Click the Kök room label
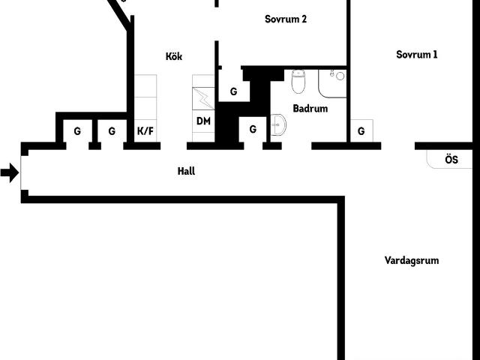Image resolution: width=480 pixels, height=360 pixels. (x=174, y=56)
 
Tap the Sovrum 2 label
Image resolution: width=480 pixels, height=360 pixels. (x=286, y=19)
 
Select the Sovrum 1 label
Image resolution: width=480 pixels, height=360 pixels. (x=417, y=55)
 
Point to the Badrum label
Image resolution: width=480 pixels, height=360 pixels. (x=310, y=108)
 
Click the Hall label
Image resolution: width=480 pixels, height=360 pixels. (x=186, y=171)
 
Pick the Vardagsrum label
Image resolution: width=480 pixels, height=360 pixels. (x=412, y=260)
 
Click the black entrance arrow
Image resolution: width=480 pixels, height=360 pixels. (x=10, y=172)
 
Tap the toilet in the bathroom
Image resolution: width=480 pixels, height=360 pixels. (x=298, y=81)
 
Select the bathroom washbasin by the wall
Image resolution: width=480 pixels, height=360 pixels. (x=278, y=125)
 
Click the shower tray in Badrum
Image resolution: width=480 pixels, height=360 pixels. (x=332, y=83)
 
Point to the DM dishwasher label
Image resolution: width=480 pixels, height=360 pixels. (x=203, y=121)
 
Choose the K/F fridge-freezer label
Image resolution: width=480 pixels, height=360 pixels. (x=145, y=131)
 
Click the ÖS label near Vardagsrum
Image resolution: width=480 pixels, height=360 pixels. (x=451, y=160)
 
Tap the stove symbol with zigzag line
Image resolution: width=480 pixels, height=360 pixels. (x=203, y=98)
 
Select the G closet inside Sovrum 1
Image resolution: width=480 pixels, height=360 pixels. (x=361, y=131)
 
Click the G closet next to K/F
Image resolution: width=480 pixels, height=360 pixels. (x=112, y=131)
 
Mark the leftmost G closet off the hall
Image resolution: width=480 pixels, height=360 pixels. (x=77, y=131)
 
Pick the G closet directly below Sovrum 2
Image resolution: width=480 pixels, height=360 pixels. (x=233, y=91)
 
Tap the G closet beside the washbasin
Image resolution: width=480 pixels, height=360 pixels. (x=253, y=130)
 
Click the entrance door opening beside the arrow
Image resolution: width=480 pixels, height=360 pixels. (x=21, y=172)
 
